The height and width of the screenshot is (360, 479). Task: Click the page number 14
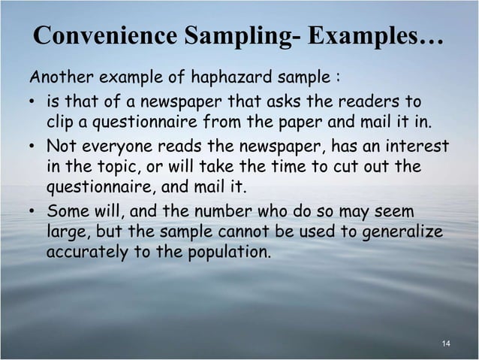point(446,344)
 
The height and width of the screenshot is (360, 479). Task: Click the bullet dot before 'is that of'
point(34,101)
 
